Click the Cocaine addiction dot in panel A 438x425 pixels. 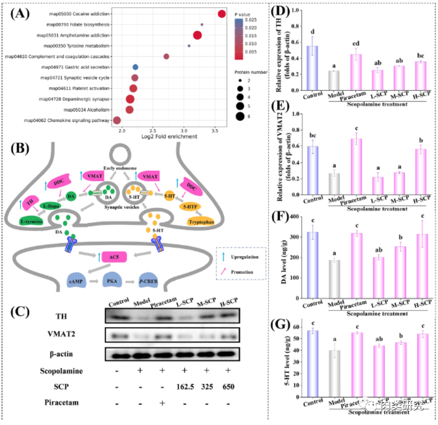pos(222,14)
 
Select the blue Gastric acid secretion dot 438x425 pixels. pos(135,67)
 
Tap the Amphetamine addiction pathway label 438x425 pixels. pos(73,35)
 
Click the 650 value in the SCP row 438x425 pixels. pos(228,386)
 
